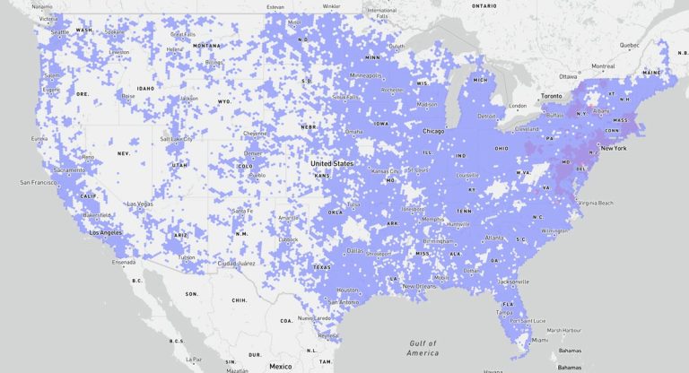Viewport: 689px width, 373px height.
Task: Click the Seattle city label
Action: pos(61,32)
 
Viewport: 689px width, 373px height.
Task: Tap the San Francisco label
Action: pos(25,182)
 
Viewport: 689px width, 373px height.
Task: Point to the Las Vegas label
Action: pos(142,204)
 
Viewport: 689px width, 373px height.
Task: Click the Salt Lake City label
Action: pos(177,139)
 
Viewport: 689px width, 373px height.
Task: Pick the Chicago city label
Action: pos(433,131)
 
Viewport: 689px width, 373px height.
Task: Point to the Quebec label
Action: pos(629,44)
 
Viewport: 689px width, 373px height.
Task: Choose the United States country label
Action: pos(332,164)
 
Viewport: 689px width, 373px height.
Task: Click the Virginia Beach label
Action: pos(601,203)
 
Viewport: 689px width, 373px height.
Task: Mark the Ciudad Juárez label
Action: pos(236,264)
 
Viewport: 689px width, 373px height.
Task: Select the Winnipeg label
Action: pos(332,6)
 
